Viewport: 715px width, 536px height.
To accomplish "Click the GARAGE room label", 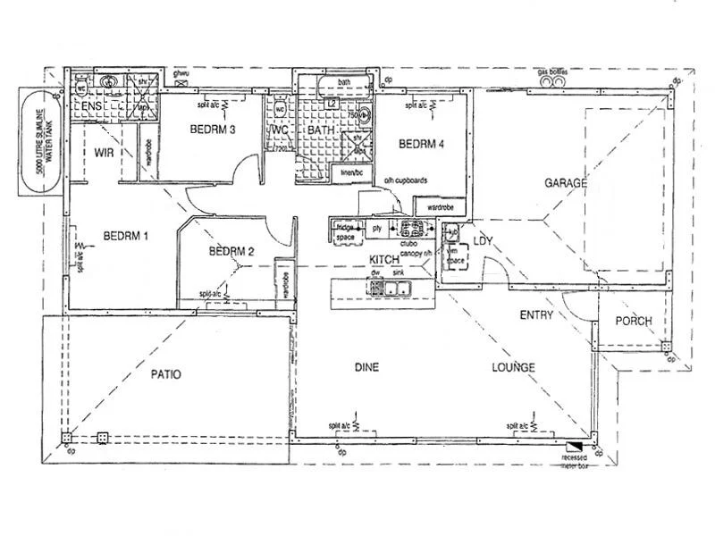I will point(565,183).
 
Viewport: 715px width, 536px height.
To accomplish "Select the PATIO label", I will point(164,374).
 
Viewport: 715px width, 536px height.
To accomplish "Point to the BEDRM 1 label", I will point(125,237).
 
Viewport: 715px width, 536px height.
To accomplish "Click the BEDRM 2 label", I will point(231,251).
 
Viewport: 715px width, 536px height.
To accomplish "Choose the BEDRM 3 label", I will point(213,130).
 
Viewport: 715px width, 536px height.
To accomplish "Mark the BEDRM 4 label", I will point(421,144).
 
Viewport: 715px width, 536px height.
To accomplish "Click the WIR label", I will point(104,153).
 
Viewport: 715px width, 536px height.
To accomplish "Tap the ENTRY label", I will point(536,314).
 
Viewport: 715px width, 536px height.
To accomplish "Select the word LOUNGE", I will point(513,367).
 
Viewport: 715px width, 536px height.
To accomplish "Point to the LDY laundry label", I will point(484,241).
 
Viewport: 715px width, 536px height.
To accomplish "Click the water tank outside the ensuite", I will point(40,141).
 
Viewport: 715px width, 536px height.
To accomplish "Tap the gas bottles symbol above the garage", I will point(554,80).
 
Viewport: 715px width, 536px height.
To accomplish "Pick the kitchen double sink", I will point(391,288).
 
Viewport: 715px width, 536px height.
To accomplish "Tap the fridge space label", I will point(345,232).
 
